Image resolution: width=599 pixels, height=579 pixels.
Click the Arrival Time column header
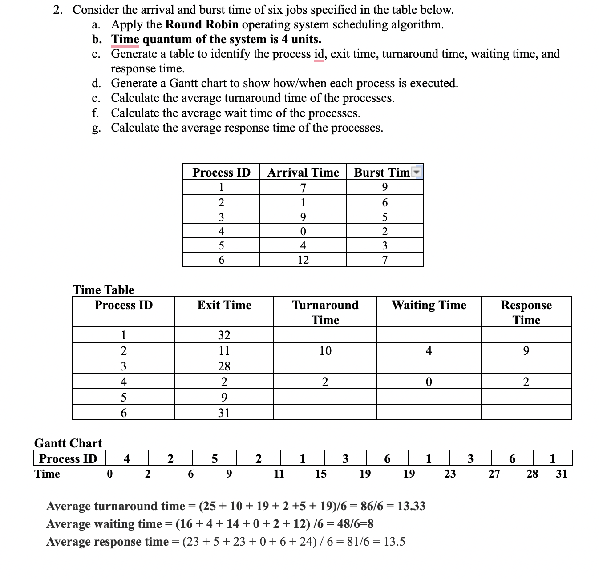pyautogui.click(x=303, y=172)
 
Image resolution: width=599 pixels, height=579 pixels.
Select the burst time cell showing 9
pyautogui.click(x=384, y=187)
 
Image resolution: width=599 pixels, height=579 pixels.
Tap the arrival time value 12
pyautogui.click(x=303, y=260)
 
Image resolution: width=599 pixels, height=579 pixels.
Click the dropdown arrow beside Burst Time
pyautogui.click(x=417, y=172)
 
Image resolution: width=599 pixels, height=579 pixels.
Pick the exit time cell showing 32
pyautogui.click(x=224, y=335)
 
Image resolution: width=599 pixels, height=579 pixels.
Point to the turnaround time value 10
pyautogui.click(x=325, y=350)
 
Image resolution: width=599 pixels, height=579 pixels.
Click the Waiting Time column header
pyautogui.click(x=429, y=305)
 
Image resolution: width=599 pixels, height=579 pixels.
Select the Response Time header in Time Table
pyautogui.click(x=526, y=312)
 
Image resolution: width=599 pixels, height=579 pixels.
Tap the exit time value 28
pyautogui.click(x=224, y=366)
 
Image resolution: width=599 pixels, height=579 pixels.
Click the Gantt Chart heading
pyautogui.click(x=68, y=443)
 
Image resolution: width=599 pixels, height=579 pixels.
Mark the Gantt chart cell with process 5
pyautogui.click(x=215, y=458)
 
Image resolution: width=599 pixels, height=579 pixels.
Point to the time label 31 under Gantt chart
pyautogui.click(x=562, y=474)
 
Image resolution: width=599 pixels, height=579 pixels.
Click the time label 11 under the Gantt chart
pyautogui.click(x=279, y=474)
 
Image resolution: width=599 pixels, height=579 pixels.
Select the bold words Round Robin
pyautogui.click(x=202, y=24)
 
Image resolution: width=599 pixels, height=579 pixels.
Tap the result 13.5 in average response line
pyautogui.click(x=394, y=542)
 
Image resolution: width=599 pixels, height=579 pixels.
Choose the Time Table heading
pyautogui.click(x=103, y=290)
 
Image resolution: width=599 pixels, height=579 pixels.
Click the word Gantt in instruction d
pyautogui.click(x=183, y=83)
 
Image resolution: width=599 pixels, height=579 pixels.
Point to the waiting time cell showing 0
pyautogui.click(x=429, y=382)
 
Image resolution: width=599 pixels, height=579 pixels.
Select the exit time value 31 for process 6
pyautogui.click(x=224, y=413)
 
